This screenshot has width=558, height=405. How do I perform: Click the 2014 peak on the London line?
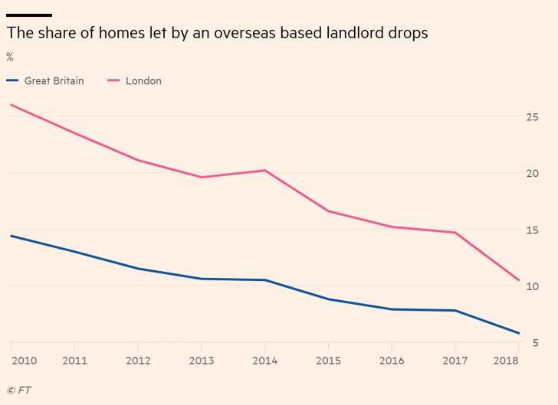[264, 170]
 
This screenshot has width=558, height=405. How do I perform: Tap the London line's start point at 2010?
[11, 104]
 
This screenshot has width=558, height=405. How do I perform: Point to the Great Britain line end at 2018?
[519, 333]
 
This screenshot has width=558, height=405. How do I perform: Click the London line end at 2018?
[519, 280]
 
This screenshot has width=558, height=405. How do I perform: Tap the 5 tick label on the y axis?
[536, 343]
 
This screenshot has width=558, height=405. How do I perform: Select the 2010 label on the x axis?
[23, 361]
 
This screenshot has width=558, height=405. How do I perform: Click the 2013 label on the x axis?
[202, 361]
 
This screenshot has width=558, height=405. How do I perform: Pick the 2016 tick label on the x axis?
[392, 361]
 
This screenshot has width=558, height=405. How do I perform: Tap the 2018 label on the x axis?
[507, 361]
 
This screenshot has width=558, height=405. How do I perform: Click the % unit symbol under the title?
[10, 57]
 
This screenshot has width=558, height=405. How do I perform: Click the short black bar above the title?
[29, 15]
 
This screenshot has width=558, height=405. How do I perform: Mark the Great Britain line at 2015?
[328, 299]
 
